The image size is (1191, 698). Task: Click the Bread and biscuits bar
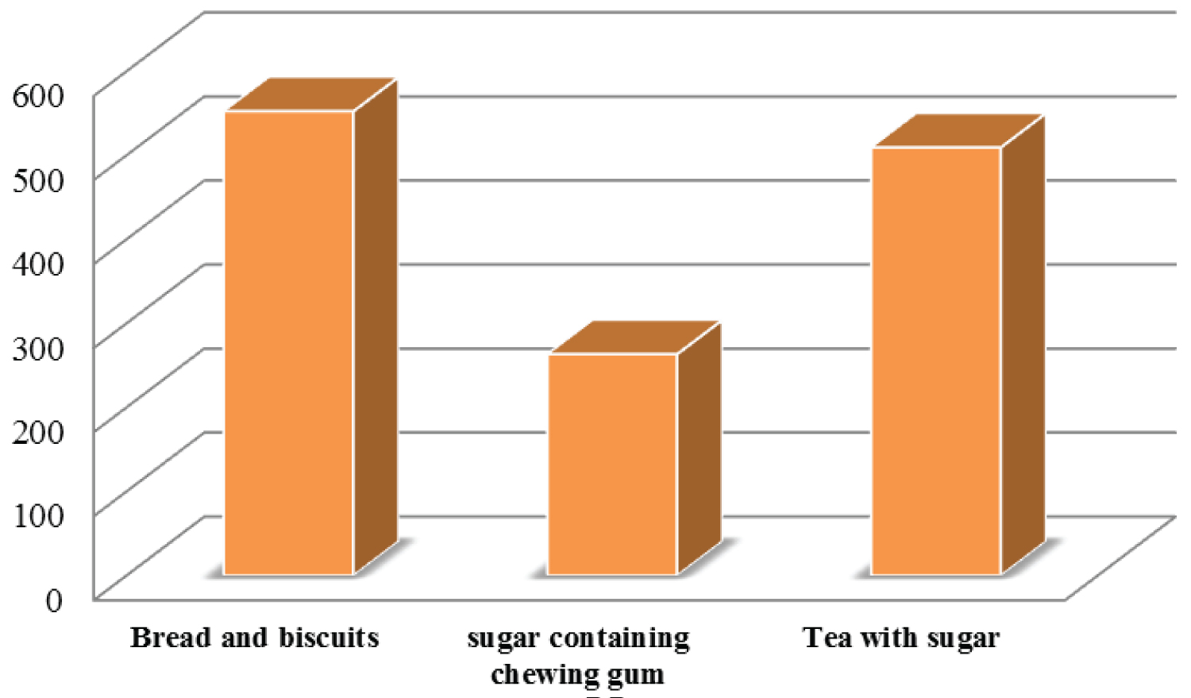click(289, 342)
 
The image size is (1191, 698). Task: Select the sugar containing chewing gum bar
click(612, 464)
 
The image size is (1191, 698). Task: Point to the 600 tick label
click(38, 95)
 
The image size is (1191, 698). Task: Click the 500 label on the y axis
click(38, 179)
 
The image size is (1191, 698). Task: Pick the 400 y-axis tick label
click(38, 263)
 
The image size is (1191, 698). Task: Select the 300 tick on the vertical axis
click(38, 347)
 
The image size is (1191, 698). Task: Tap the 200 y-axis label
click(38, 431)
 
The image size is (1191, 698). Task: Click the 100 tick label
click(38, 515)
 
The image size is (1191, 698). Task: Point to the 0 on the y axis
click(53, 600)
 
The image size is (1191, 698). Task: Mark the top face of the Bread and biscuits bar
click(311, 94)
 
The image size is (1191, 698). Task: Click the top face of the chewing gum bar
click(634, 337)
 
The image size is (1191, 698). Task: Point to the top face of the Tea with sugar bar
click(958, 130)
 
